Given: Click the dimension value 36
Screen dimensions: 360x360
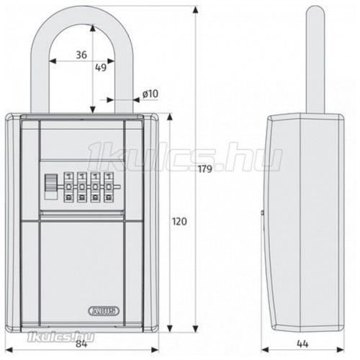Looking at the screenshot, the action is [x=81, y=55].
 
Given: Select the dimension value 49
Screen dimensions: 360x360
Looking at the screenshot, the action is [x=101, y=68].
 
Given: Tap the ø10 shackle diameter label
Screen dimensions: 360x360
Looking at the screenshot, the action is [x=150, y=94].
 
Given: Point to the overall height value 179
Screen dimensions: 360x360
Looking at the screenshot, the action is [x=205, y=169].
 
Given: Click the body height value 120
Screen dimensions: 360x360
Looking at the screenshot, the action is [x=179, y=222].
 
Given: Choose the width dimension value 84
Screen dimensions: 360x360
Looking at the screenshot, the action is [x=81, y=344].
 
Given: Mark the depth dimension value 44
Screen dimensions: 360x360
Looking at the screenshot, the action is [x=302, y=344].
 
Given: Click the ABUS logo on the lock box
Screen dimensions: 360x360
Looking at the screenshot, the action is [x=104, y=311].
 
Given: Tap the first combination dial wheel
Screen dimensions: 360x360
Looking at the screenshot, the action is [x=69, y=186].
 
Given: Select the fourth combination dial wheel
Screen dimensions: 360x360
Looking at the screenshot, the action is [x=109, y=186].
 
